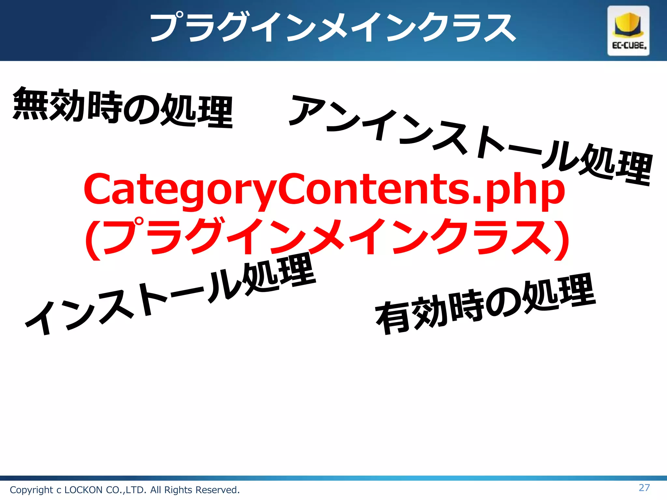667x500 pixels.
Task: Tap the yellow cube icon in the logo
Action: click(628, 25)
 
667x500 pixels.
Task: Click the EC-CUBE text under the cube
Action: click(629, 46)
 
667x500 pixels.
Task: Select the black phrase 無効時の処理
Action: click(123, 107)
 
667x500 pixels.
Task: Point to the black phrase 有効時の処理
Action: click(485, 304)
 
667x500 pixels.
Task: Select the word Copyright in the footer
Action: click(31, 490)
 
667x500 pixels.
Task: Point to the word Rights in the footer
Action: click(178, 490)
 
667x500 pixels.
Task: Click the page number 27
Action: click(644, 488)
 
